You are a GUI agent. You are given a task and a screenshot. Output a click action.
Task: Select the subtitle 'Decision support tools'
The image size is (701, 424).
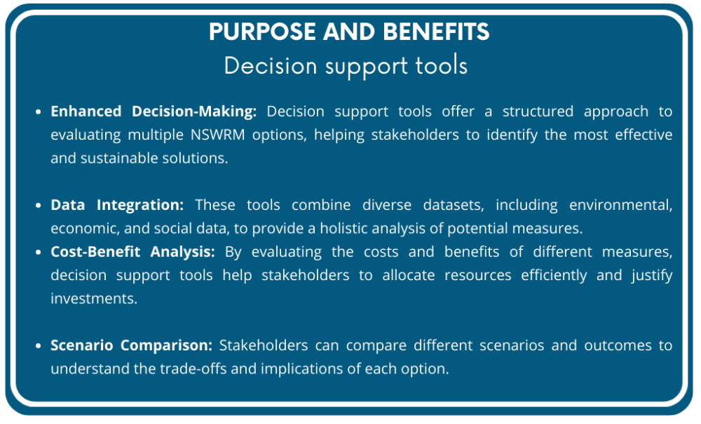point(346,65)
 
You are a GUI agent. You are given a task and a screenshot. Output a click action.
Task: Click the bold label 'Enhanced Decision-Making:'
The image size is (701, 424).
point(154,112)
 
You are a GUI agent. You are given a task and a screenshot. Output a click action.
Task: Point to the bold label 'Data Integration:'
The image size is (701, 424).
point(117,205)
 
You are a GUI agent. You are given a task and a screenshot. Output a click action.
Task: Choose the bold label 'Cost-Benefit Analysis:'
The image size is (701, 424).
point(133,251)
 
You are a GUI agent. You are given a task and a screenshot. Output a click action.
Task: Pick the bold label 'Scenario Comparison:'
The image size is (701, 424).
point(131,345)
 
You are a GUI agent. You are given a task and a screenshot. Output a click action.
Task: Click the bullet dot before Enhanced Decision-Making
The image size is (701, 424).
point(39,112)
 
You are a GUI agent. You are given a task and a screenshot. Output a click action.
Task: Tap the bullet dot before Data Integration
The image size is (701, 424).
point(39,206)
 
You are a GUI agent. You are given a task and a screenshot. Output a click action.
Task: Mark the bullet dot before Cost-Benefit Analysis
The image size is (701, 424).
point(39,252)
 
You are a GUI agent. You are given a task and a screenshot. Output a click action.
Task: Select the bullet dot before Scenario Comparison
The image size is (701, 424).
point(39,346)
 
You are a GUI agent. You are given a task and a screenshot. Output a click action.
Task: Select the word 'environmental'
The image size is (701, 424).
point(620,205)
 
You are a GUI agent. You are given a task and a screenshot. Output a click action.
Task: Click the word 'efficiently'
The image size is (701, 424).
point(554,275)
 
